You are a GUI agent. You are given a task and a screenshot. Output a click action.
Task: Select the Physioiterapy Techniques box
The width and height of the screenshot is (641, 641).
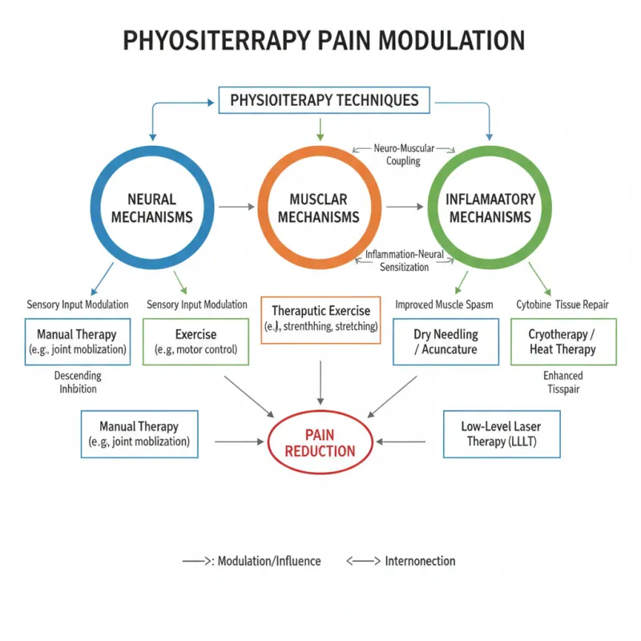[x=324, y=101]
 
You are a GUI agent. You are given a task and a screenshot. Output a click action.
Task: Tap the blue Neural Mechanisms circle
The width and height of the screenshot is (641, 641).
[x=152, y=207]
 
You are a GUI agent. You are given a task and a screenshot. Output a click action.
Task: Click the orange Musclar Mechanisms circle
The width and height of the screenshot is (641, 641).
[x=319, y=207]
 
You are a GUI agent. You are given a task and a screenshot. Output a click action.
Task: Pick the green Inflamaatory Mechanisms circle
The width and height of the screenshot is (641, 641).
[x=490, y=207]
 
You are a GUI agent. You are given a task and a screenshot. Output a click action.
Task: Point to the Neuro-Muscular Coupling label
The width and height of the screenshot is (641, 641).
[x=403, y=155]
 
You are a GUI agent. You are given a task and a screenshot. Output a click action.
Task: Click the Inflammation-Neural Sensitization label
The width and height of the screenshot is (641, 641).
[x=403, y=261]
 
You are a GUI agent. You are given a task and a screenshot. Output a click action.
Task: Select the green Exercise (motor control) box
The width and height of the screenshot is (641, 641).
[x=196, y=341]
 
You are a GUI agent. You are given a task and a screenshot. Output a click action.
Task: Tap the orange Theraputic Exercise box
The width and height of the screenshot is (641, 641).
[x=320, y=320]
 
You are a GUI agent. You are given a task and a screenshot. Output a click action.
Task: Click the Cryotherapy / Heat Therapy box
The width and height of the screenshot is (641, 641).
[x=563, y=341]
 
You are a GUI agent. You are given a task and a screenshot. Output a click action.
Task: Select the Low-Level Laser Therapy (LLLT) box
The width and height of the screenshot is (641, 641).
[x=502, y=434]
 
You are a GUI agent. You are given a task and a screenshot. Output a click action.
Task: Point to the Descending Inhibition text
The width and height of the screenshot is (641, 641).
[x=78, y=382]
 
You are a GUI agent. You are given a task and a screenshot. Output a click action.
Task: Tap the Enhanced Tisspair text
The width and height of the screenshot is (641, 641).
[x=563, y=382]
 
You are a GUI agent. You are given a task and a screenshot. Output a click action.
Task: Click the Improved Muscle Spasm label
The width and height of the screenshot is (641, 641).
[x=444, y=304]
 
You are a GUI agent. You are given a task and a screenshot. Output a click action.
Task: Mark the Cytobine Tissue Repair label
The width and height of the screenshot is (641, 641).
[x=563, y=304]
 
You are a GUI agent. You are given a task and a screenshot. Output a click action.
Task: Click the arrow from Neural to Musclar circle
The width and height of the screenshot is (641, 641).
[x=236, y=207]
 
